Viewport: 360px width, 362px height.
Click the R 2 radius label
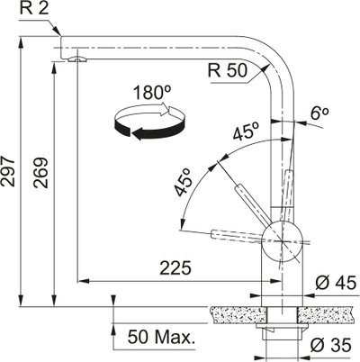[x=34, y=9]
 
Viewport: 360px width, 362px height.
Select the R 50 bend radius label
[x=228, y=70]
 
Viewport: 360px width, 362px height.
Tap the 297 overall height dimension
[x=8, y=171]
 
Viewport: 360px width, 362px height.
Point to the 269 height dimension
[x=40, y=173]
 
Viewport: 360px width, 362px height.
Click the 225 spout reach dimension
[x=175, y=268]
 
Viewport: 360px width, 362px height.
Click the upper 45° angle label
[x=246, y=131]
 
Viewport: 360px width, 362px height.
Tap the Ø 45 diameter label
[x=336, y=283]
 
